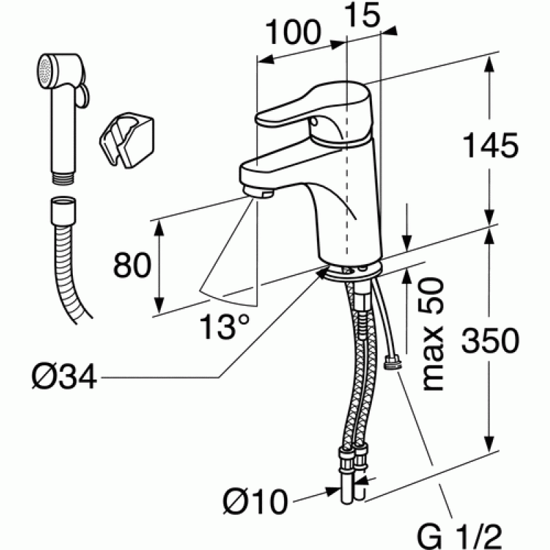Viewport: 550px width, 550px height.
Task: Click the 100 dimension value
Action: pyautogui.click(x=294, y=32)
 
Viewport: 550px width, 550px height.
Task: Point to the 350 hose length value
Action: pyautogui.click(x=490, y=341)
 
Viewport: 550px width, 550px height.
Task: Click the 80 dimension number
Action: pyautogui.click(x=132, y=265)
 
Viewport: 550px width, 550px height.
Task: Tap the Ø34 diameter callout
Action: pyautogui.click(x=64, y=377)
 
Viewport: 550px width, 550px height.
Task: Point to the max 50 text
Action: pyautogui.click(x=432, y=334)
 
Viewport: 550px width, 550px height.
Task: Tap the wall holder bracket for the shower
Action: pyautogui.click(x=127, y=139)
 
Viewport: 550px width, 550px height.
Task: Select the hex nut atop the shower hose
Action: pyautogui.click(x=63, y=211)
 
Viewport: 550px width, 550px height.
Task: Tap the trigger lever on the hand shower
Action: pyautogui.click(x=82, y=96)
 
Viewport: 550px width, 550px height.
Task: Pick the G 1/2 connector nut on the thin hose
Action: pyautogui.click(x=393, y=362)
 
